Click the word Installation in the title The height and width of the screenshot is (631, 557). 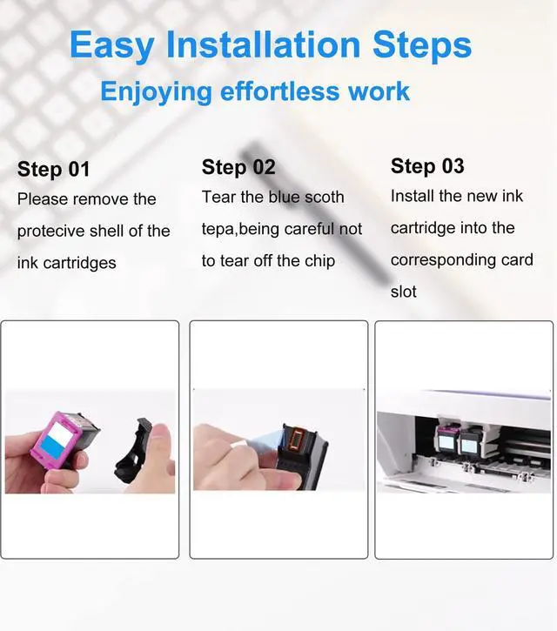point(263,44)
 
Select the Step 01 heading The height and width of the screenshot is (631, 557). point(54,169)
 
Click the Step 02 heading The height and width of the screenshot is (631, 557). point(238,167)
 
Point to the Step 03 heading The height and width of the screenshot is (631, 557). point(427,165)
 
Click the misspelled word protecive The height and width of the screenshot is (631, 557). point(50,232)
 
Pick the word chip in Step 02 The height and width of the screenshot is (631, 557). point(319,262)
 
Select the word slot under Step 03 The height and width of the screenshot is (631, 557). point(403,292)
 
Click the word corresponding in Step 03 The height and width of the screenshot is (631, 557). point(443,260)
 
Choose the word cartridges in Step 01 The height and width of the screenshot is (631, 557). point(79,263)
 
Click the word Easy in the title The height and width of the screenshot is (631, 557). point(111,46)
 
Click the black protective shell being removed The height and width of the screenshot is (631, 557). point(133,451)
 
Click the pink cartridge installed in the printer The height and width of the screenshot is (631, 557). point(447,440)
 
